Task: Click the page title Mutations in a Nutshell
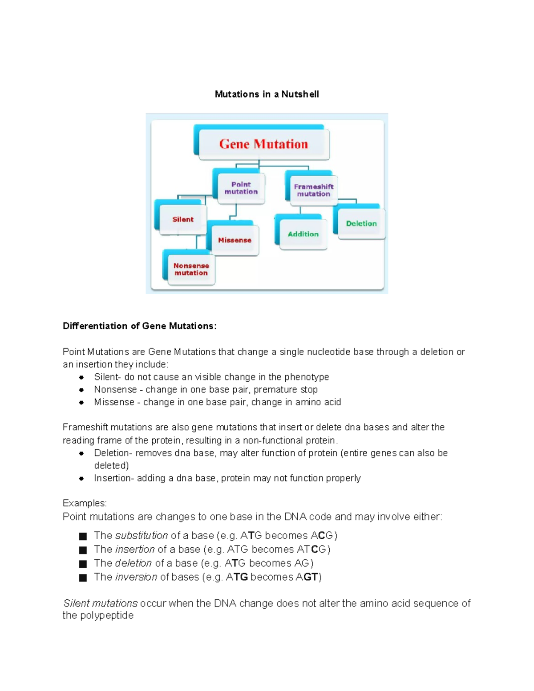click(267, 94)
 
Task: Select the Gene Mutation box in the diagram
click(263, 144)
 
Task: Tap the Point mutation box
click(241, 188)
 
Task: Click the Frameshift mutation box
click(313, 190)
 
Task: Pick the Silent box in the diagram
click(183, 219)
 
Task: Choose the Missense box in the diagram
click(235, 240)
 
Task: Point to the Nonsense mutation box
click(191, 269)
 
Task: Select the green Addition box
click(303, 234)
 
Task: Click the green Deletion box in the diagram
click(361, 224)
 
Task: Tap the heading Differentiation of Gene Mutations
click(140, 326)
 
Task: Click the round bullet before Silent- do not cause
click(81, 377)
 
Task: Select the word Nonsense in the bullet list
click(115, 390)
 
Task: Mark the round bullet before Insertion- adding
click(81, 479)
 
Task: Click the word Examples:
click(85, 503)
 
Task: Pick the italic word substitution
click(142, 536)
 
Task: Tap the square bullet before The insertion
click(83, 550)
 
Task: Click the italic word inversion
click(136, 577)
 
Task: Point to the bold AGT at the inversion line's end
click(307, 577)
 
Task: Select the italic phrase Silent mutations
click(101, 603)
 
